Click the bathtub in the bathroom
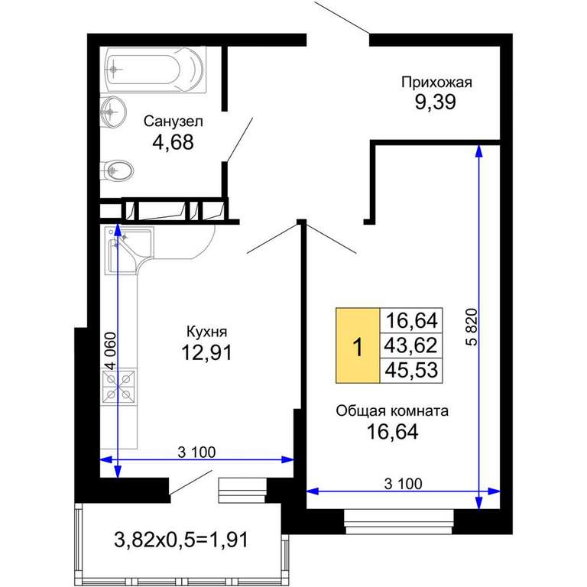(154, 70)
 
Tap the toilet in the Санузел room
(116, 171)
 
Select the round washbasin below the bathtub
(113, 111)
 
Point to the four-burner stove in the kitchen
(119, 385)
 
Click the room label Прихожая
(436, 83)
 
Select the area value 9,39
(436, 102)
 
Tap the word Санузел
(174, 122)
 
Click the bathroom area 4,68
(173, 142)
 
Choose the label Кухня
(206, 332)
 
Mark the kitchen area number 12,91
(206, 352)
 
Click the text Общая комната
(392, 411)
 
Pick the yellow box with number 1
(358, 345)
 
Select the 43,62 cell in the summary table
(411, 345)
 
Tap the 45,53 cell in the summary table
(411, 370)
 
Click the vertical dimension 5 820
(473, 327)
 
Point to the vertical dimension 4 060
(111, 351)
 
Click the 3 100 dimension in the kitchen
(196, 452)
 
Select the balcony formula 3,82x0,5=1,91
(181, 540)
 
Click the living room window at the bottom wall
(399, 521)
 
